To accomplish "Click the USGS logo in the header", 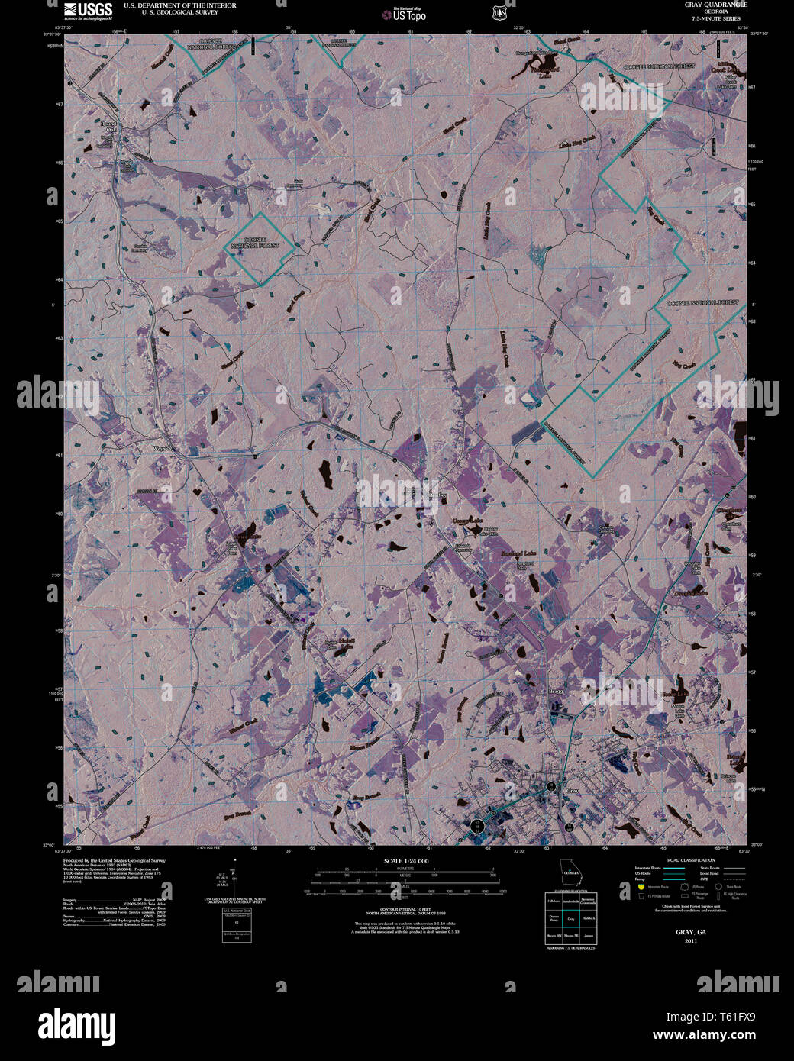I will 89,11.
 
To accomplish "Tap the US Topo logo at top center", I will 404,15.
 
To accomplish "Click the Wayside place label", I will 164,448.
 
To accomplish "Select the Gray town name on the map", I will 573,792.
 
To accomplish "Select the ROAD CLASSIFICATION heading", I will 690,860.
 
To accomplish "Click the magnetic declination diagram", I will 235,878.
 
